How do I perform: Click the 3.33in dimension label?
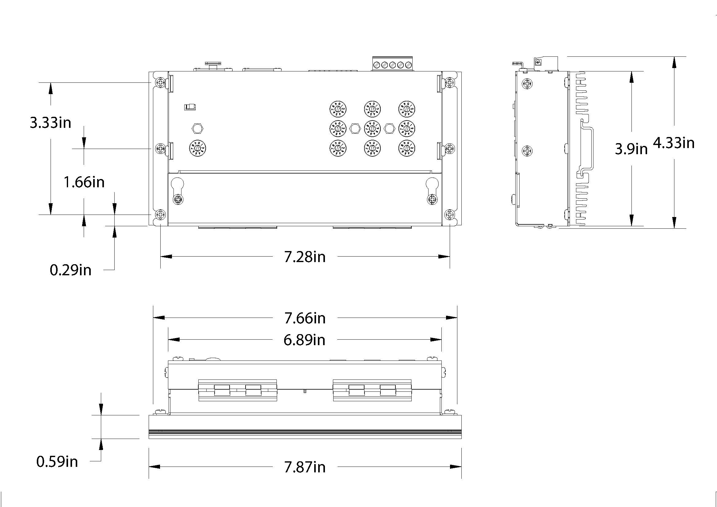pyautogui.click(x=51, y=123)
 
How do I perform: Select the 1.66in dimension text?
pyautogui.click(x=84, y=182)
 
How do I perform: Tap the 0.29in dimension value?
pyautogui.click(x=71, y=270)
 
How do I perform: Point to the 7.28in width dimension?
pyautogui.click(x=305, y=257)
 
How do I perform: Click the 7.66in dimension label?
pyautogui.click(x=305, y=318)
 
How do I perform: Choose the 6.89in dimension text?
pyautogui.click(x=304, y=340)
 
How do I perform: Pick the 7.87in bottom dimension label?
pyautogui.click(x=305, y=467)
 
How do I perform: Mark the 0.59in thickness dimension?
pyautogui.click(x=57, y=461)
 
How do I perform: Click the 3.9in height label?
pyautogui.click(x=631, y=149)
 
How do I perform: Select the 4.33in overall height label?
pyautogui.click(x=674, y=143)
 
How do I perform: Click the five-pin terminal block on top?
pyautogui.click(x=393, y=65)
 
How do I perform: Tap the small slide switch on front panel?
pyautogui.click(x=190, y=107)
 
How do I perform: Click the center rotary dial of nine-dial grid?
pyautogui.click(x=372, y=128)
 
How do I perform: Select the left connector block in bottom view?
pyautogui.click(x=238, y=390)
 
